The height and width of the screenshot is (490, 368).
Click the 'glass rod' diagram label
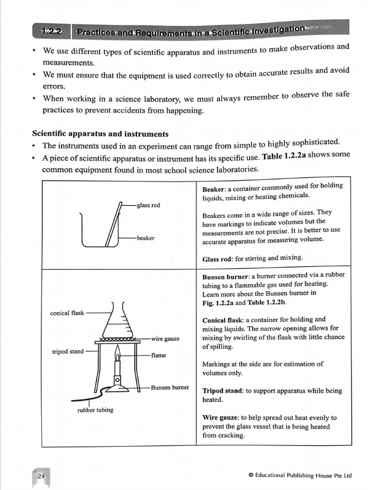pos(149,205)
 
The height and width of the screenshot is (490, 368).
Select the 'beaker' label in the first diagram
pos(145,237)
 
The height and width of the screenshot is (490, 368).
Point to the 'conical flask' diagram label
pos(67,313)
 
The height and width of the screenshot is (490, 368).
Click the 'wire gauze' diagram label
pos(165,339)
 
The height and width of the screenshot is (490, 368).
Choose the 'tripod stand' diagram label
pos(68,352)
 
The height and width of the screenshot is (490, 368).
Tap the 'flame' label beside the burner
pos(158,356)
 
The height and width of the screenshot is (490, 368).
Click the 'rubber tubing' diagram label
pos(95,410)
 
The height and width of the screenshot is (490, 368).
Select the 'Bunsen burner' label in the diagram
pos(170,387)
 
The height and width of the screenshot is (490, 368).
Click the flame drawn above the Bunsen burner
pos(117,354)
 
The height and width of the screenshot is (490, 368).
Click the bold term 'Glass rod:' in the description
pos(218,258)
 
